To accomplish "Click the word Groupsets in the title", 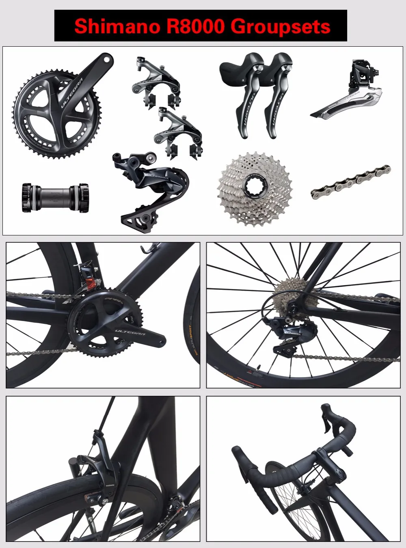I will pos(281,26).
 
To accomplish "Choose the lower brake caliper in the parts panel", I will pos(179,132).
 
